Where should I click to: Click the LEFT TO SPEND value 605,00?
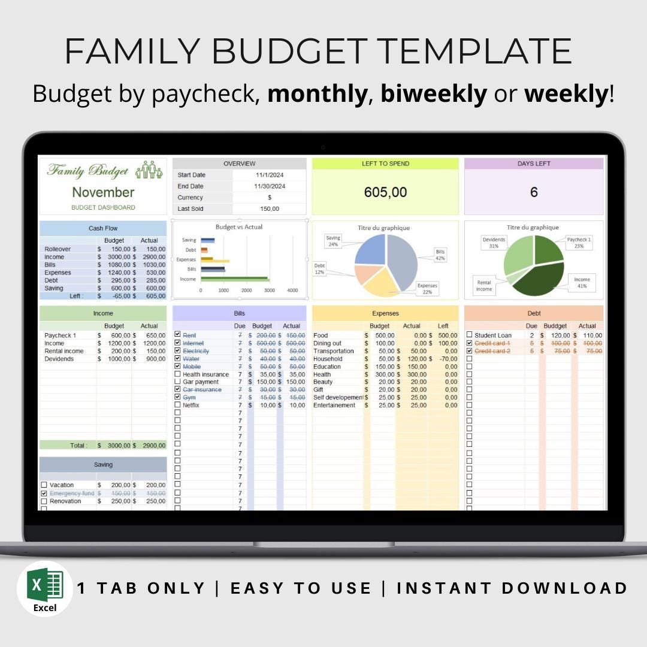385,192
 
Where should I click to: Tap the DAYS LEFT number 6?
533,192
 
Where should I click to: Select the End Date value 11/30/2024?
270,186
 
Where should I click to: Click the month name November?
103,192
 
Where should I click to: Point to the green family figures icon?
149,170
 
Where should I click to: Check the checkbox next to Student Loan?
469,335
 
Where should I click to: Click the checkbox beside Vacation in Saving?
44,485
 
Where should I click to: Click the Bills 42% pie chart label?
440,255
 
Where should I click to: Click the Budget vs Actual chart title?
239,227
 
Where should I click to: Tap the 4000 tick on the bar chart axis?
292,290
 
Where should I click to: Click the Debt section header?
534,313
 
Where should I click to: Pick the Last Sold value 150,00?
270,208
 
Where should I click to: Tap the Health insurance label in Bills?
205,374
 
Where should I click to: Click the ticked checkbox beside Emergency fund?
44,493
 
